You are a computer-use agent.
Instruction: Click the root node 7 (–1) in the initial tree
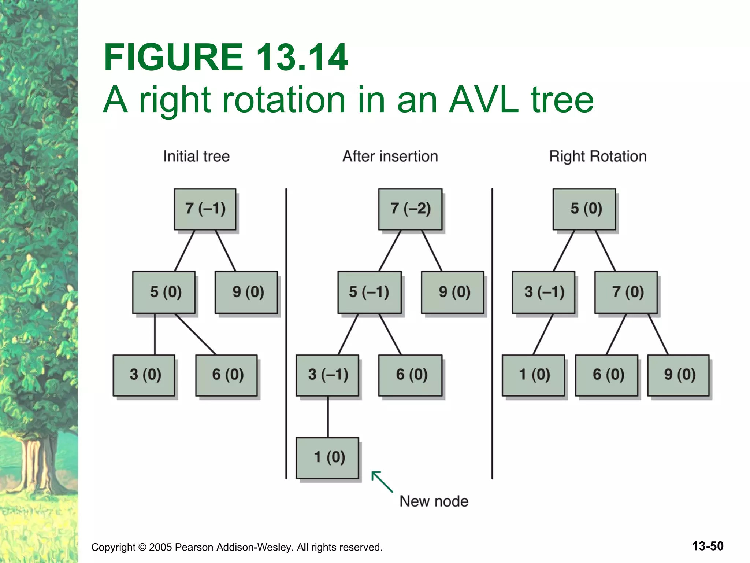point(205,209)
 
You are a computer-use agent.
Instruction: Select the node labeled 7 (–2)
point(410,209)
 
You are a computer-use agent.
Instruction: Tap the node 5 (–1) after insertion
point(369,292)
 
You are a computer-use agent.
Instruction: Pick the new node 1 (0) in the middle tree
point(327,457)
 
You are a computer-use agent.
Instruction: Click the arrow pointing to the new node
point(382,481)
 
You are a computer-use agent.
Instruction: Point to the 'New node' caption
point(434,501)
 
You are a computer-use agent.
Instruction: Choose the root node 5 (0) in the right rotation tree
point(584,209)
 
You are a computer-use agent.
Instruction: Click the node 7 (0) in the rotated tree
point(626,292)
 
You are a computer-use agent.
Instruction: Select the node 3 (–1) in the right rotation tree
point(543,292)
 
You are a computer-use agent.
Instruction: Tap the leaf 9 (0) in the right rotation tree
point(679,375)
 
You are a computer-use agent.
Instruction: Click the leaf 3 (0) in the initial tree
point(144,375)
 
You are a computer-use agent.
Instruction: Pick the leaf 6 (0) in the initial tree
point(226,375)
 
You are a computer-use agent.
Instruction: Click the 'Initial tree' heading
point(196,157)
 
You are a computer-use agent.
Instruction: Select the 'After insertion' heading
point(390,157)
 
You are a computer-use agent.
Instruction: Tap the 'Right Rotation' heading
point(598,157)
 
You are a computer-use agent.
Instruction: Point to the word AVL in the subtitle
point(484,100)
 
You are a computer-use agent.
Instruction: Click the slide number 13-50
point(708,546)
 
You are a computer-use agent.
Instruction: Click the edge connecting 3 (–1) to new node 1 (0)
point(328,417)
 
